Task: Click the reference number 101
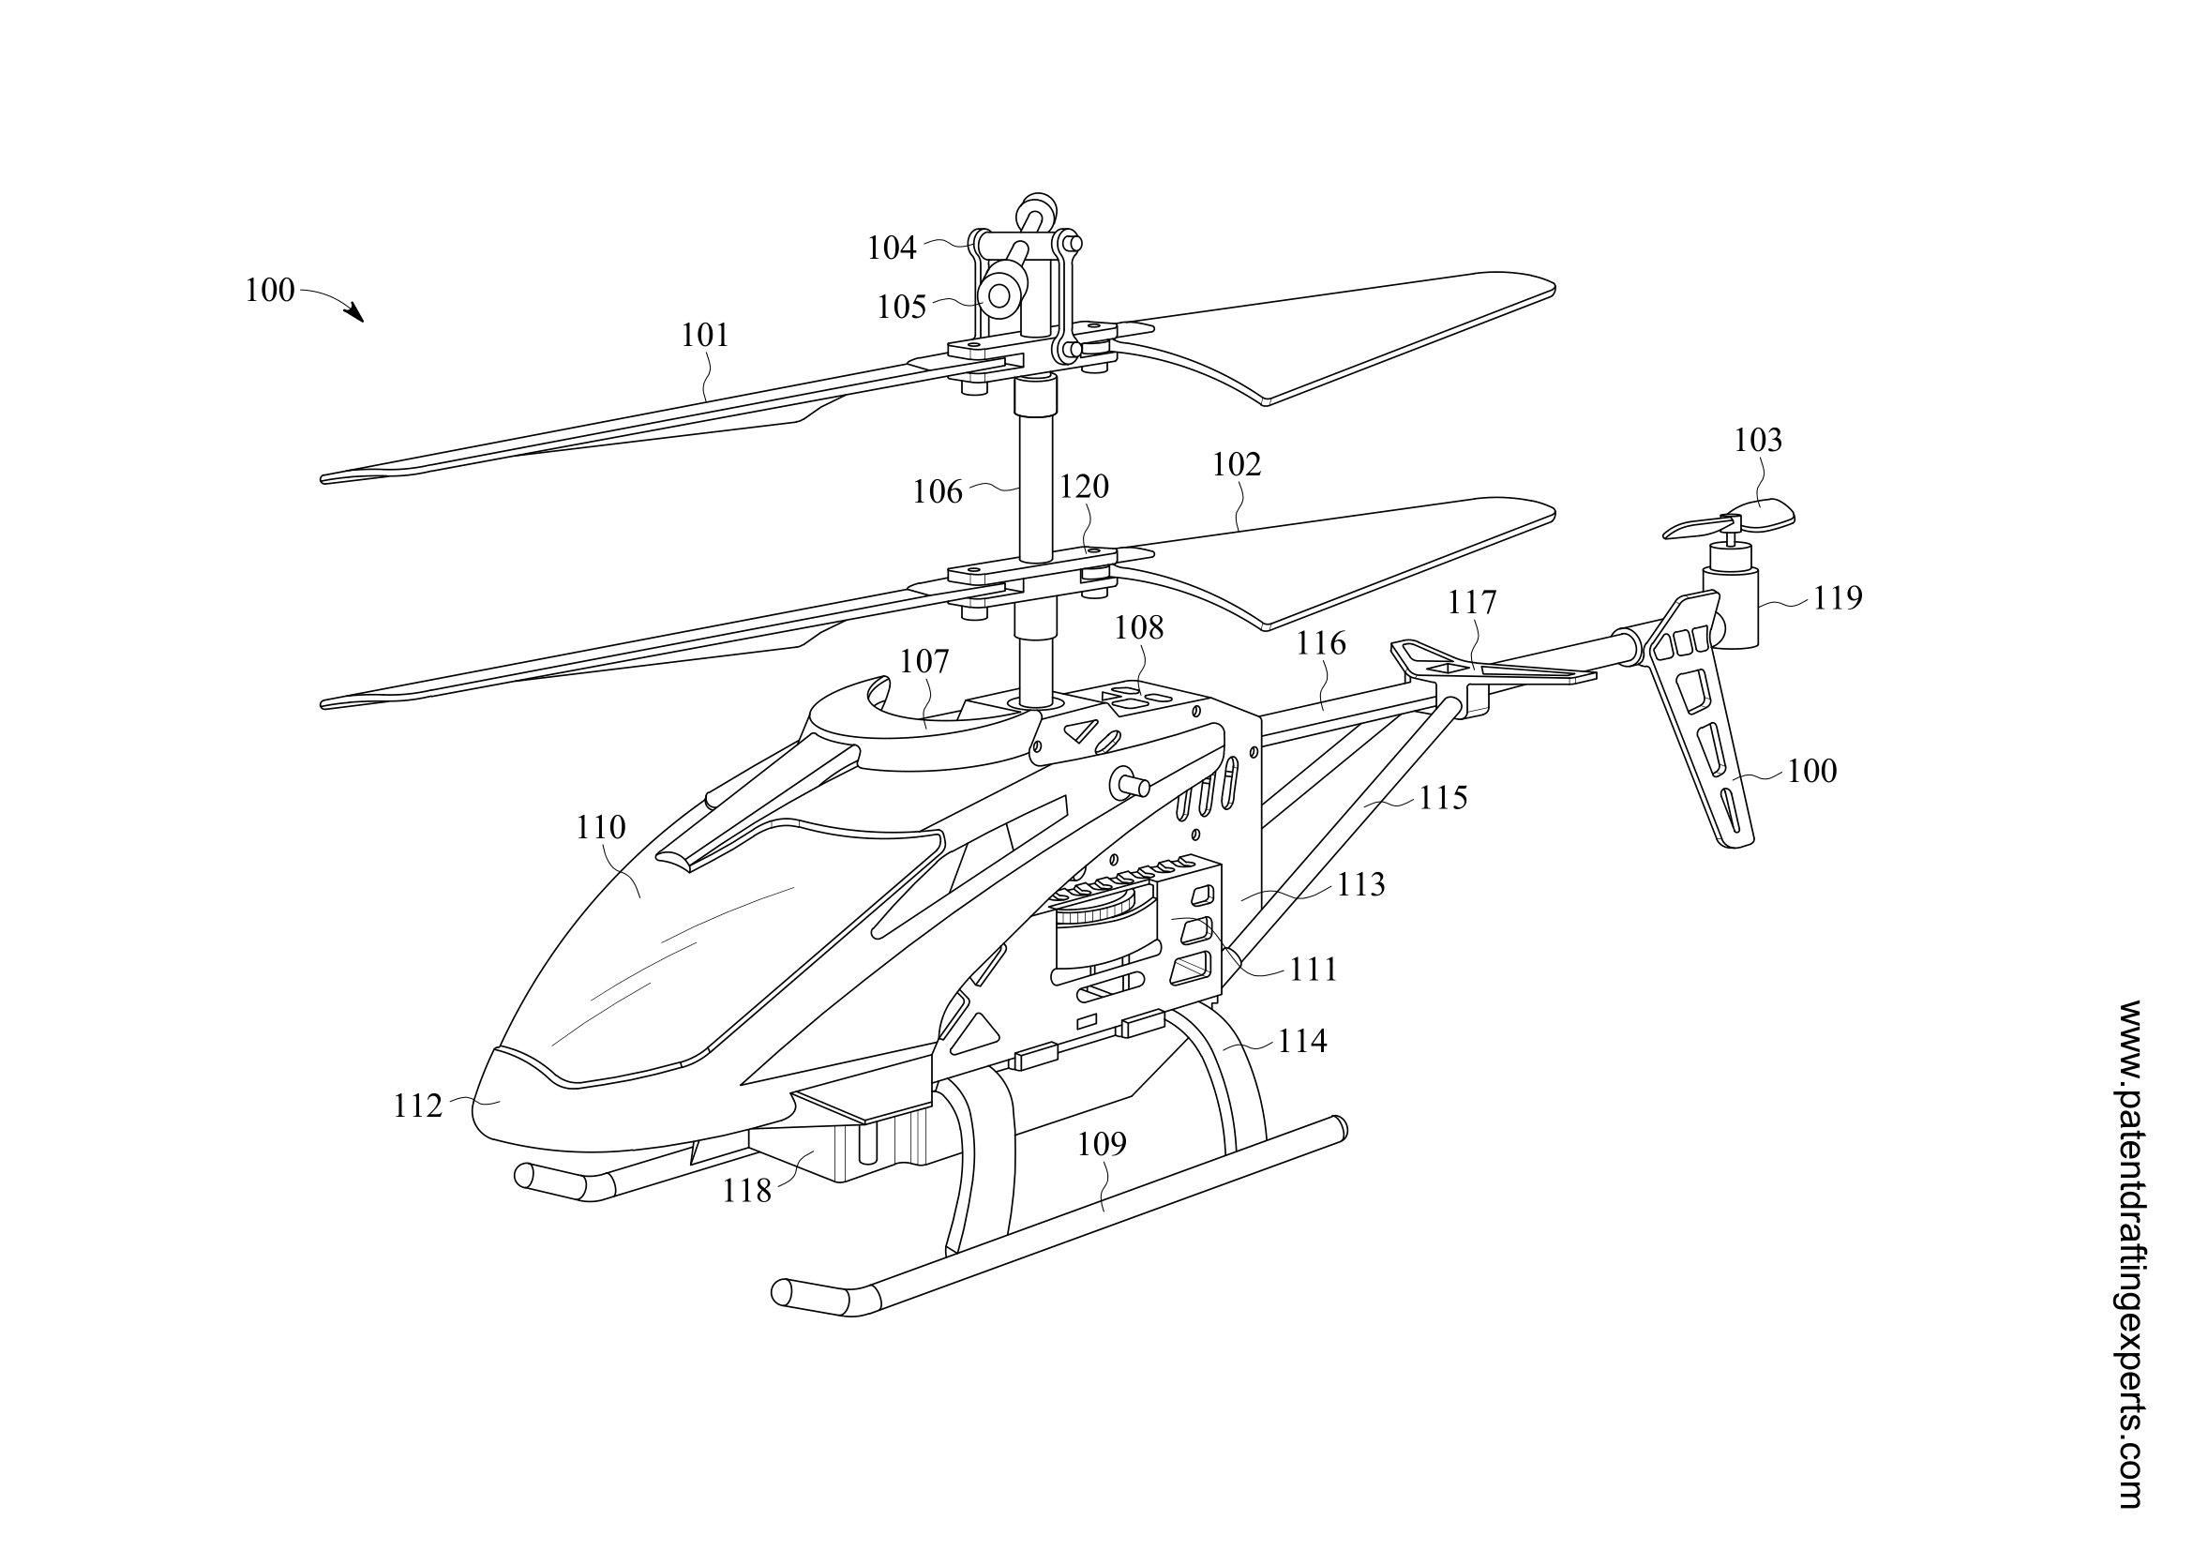click(705, 335)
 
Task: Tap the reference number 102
click(1237, 464)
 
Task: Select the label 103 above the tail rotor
click(1758, 441)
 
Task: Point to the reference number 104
click(891, 248)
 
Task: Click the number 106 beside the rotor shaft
click(937, 492)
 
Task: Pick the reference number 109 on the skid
click(1103, 1143)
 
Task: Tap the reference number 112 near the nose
click(418, 1106)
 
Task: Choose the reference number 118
click(747, 1191)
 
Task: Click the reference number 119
click(1838, 598)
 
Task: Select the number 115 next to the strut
click(1442, 797)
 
